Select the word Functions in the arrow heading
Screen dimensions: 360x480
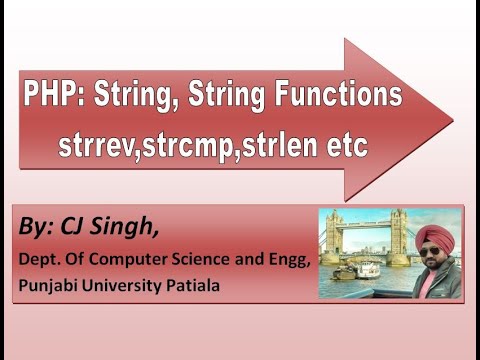(x=336, y=98)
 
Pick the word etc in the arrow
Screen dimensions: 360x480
(x=345, y=147)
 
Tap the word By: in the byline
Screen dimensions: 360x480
(x=36, y=228)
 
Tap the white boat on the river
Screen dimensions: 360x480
(x=368, y=268)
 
